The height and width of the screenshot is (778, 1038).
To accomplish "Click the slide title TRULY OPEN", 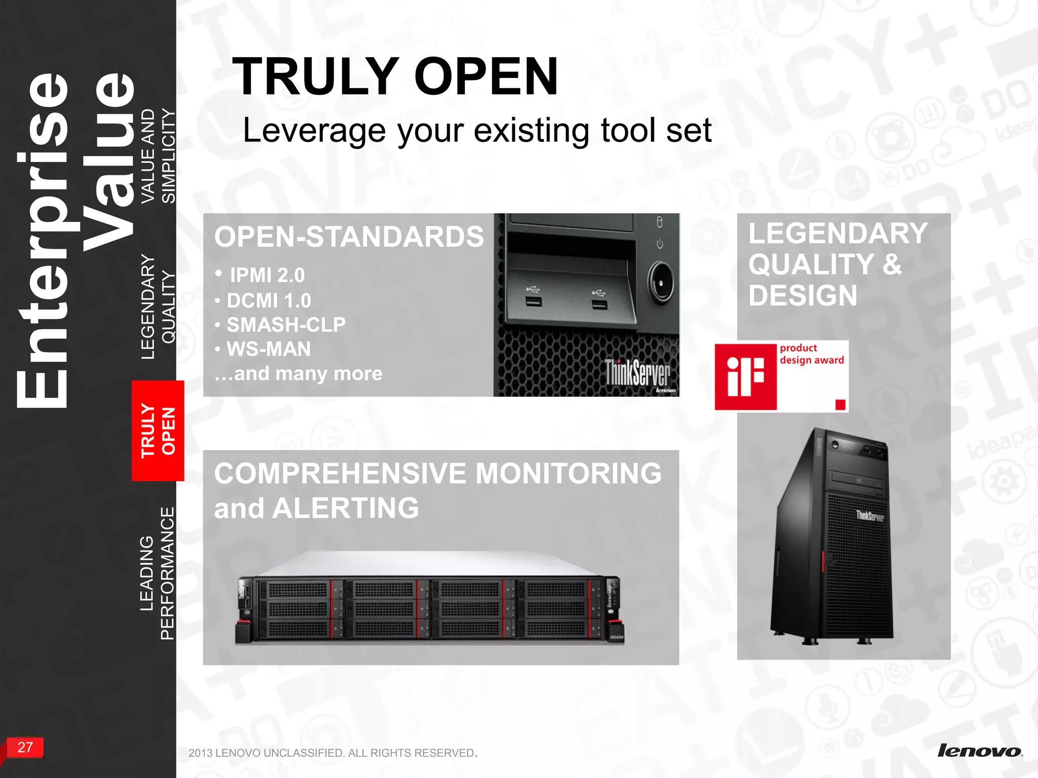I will tap(395, 76).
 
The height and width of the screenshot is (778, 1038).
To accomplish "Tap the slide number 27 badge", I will tap(25, 747).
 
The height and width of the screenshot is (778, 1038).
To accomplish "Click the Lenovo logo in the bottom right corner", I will tap(979, 751).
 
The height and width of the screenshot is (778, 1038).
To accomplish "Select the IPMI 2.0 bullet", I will tap(267, 276).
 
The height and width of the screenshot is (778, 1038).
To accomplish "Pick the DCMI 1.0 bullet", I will tap(269, 301).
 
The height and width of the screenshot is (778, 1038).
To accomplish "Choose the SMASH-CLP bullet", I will tap(286, 325).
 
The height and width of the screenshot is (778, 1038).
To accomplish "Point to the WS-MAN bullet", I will tap(269, 349).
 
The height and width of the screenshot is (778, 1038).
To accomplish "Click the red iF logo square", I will tap(746, 377).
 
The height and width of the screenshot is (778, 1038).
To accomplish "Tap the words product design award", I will tap(811, 354).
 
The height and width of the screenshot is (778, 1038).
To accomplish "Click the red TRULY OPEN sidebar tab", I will tap(158, 430).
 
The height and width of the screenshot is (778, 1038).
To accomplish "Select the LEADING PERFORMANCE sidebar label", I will tap(157, 573).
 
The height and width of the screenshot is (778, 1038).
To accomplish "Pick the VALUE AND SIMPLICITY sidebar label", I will tap(158, 156).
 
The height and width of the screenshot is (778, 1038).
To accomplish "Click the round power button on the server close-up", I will tap(660, 282).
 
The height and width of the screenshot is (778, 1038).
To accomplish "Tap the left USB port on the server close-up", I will tap(533, 302).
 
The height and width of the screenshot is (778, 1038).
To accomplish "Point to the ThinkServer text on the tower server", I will tap(870, 516).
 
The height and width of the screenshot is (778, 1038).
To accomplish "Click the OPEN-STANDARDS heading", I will tap(349, 237).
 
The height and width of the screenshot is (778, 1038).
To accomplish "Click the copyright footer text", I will tap(332, 753).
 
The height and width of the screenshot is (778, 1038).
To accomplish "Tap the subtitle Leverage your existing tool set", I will tap(476, 130).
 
